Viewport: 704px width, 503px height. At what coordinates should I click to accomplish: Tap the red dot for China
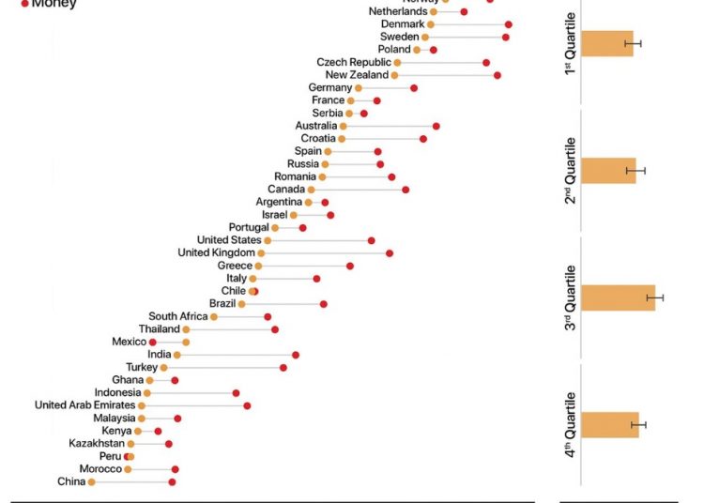point(172,481)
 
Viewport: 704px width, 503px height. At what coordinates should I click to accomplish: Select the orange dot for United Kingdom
point(261,253)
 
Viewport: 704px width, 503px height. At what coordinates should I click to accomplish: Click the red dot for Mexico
point(153,343)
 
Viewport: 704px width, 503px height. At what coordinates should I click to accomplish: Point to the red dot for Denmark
point(509,24)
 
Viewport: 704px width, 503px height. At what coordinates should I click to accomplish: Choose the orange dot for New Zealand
point(395,75)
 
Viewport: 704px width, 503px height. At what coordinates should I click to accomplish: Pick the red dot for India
point(296,355)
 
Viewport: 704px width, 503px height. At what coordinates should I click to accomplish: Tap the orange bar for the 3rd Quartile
point(618,297)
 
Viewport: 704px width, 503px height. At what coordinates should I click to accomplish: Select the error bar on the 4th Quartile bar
point(639,425)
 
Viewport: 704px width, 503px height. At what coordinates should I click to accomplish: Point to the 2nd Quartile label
point(570,171)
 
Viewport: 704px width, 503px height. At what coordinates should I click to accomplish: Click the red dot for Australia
point(436,126)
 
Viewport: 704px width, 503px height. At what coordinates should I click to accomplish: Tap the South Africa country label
point(177,316)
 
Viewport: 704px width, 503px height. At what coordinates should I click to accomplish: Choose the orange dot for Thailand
point(186,329)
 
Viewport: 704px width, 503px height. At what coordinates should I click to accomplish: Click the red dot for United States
point(371,240)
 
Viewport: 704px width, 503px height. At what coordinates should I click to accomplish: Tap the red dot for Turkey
point(283,368)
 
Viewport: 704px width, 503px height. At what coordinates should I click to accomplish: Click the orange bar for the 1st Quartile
point(607,43)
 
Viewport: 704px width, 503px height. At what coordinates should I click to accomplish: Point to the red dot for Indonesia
point(236,393)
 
